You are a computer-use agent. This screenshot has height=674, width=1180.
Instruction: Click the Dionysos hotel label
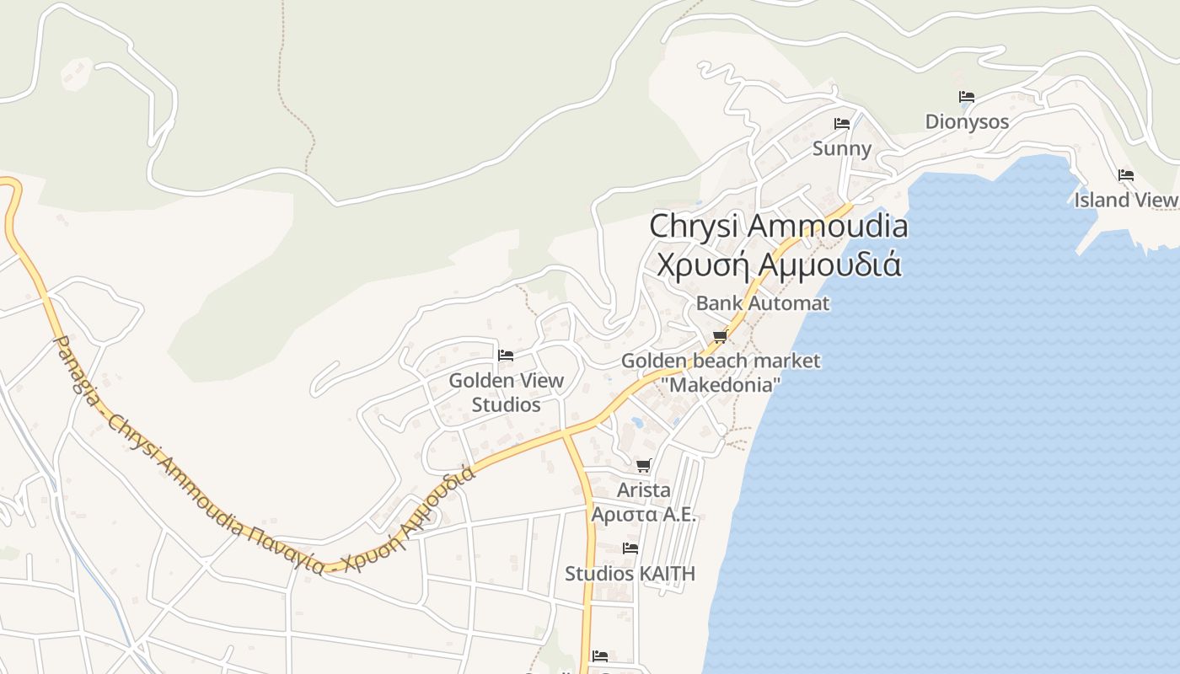(x=967, y=122)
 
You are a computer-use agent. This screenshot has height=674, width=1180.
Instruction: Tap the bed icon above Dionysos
(x=967, y=97)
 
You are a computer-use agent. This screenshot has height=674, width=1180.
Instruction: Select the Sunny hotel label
(x=841, y=149)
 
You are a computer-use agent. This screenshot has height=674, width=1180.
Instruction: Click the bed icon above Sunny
(x=841, y=124)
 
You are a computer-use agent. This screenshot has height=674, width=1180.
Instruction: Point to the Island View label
(x=1125, y=201)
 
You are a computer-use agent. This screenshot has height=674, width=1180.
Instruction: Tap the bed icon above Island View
(x=1125, y=175)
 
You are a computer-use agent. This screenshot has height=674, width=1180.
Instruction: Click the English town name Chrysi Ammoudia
(x=779, y=226)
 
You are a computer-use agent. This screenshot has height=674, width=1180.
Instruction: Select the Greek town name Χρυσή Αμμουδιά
(x=779, y=265)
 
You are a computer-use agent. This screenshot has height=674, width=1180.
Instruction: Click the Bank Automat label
(x=763, y=303)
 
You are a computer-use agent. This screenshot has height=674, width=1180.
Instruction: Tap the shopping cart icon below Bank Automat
(x=720, y=336)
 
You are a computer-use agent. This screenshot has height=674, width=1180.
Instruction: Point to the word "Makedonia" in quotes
(x=721, y=385)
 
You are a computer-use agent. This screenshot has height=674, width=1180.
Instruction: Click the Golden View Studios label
(x=506, y=393)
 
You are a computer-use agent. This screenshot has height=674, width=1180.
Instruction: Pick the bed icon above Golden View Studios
(x=506, y=356)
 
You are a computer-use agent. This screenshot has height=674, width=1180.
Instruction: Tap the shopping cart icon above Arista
(x=644, y=465)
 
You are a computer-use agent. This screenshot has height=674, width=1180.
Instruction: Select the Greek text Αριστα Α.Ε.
(x=644, y=515)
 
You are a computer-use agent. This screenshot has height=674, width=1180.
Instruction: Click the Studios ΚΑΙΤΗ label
(x=630, y=574)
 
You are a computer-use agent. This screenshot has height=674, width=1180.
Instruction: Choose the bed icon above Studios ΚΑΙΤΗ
(x=630, y=548)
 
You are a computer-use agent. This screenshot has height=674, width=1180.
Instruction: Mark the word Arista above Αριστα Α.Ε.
(x=644, y=490)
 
